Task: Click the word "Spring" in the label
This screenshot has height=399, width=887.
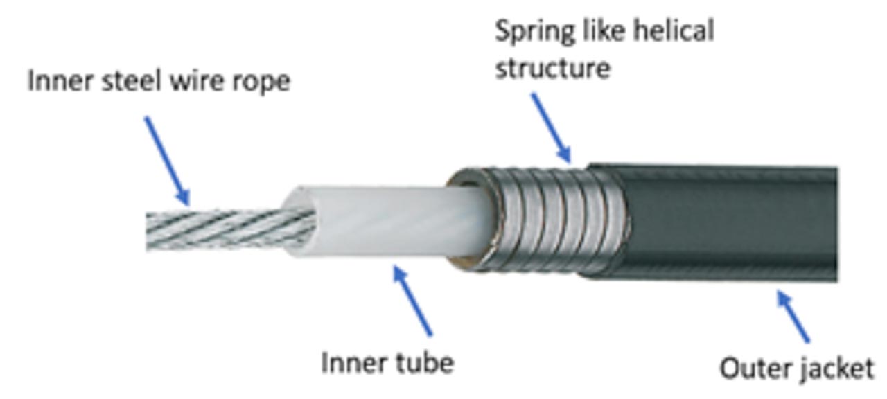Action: point(535,33)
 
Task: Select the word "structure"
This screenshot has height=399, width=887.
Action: point(553,69)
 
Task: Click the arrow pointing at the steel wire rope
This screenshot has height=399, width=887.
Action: point(167,161)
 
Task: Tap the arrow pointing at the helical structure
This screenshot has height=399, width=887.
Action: point(551,127)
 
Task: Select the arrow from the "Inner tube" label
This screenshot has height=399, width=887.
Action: point(412,301)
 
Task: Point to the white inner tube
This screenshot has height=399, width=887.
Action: point(386,222)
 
